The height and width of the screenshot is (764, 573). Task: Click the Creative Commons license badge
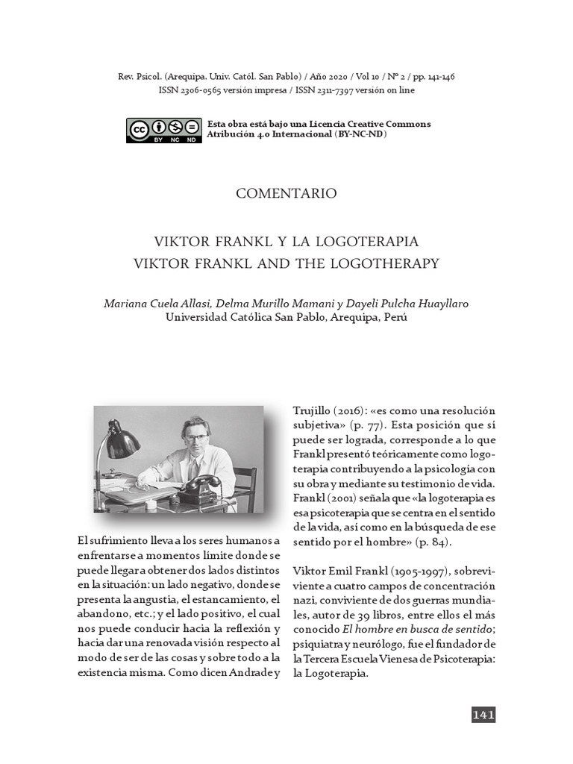pyautogui.click(x=164, y=130)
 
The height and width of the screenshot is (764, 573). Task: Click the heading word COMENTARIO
pyautogui.click(x=286, y=193)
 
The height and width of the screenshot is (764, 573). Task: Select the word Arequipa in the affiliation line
pyautogui.click(x=338, y=316)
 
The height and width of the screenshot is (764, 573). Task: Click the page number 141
pyautogui.click(x=483, y=715)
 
